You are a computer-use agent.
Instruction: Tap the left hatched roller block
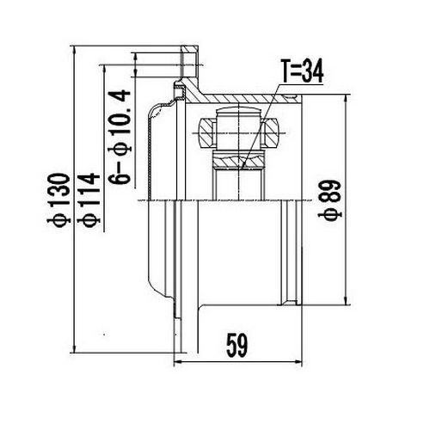209,132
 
